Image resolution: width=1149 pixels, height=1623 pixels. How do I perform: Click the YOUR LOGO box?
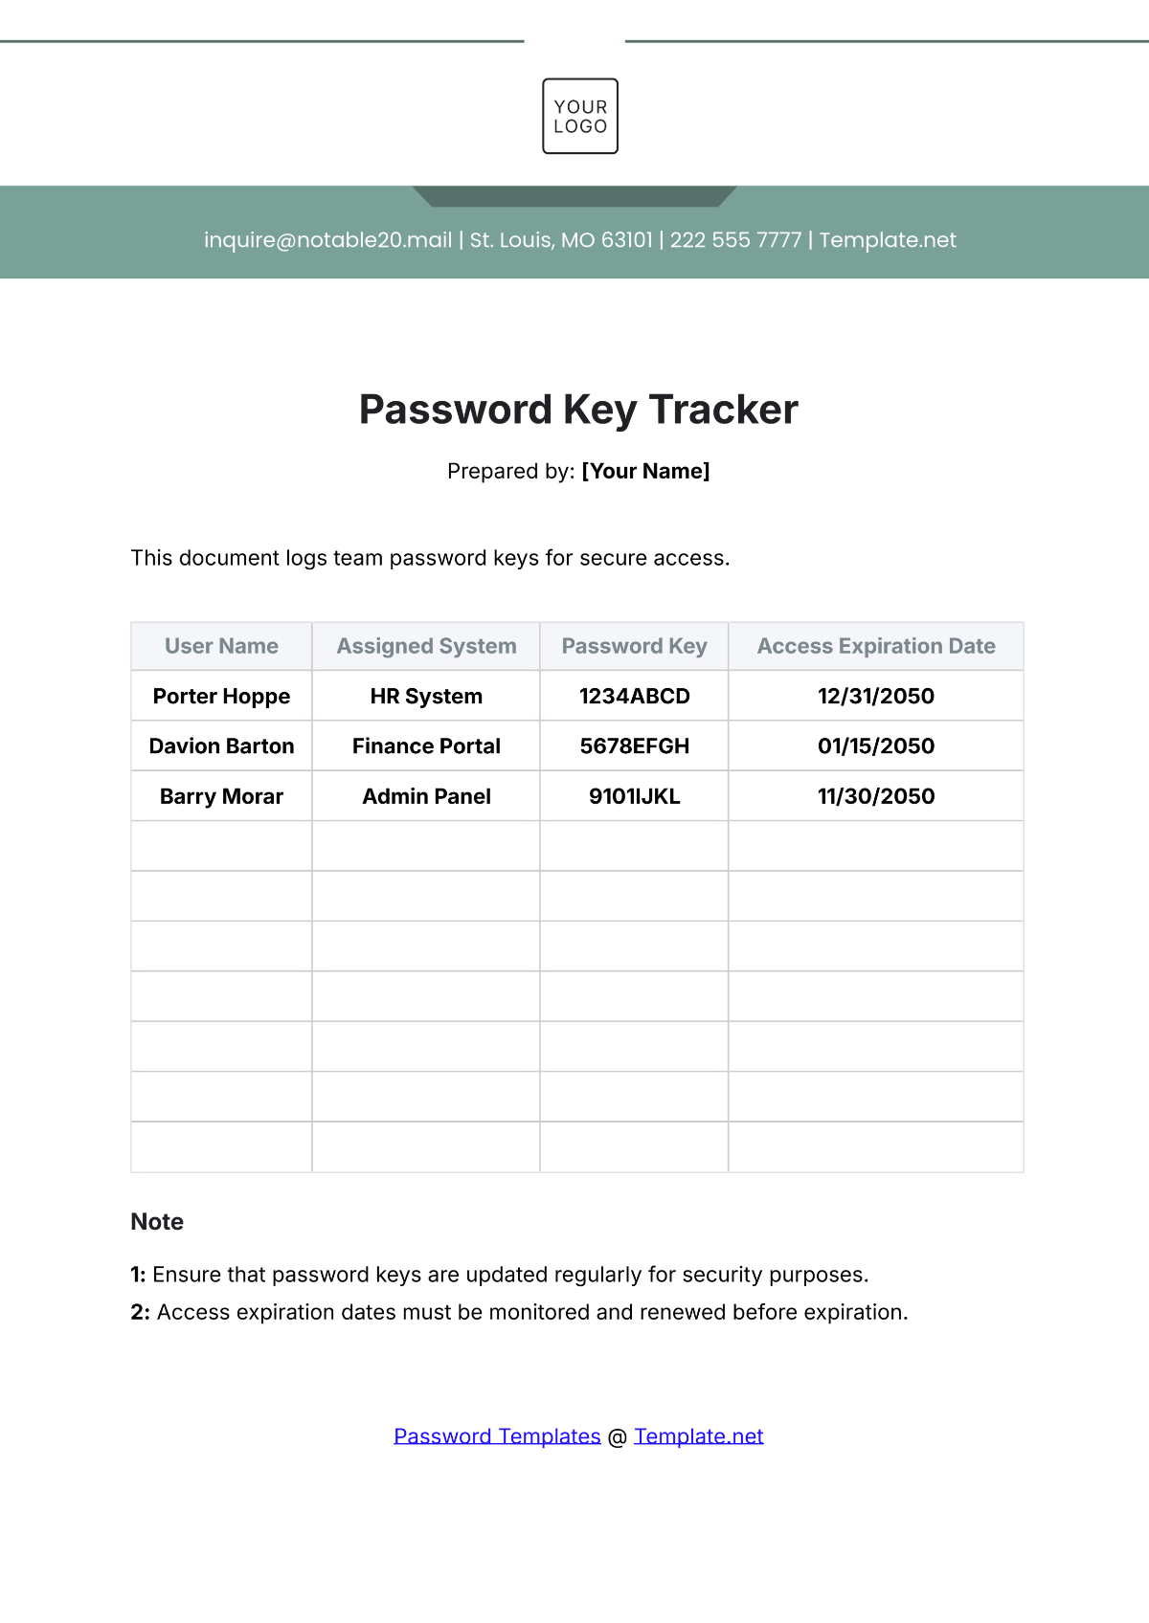click(580, 116)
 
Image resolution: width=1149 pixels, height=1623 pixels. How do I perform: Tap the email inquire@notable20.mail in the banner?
click(327, 240)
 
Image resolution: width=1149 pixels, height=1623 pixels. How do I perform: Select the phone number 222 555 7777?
click(735, 240)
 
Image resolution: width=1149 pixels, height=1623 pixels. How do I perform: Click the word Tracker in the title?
click(723, 410)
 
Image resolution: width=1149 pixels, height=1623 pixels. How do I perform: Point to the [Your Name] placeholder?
click(645, 471)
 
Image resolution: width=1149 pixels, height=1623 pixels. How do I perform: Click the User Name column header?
click(221, 646)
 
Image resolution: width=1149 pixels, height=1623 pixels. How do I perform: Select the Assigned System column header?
click(426, 646)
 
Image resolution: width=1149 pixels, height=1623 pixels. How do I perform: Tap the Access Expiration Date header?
click(876, 646)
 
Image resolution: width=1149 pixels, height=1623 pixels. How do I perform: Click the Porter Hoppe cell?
click(221, 696)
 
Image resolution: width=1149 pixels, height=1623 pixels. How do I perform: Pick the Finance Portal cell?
click(426, 745)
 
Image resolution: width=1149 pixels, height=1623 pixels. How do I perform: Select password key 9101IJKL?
click(634, 796)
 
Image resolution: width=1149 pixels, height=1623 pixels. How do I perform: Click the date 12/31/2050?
click(876, 696)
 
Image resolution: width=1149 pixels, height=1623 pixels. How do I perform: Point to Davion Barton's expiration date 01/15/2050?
click(876, 745)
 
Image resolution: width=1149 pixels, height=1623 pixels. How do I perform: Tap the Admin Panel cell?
click(426, 796)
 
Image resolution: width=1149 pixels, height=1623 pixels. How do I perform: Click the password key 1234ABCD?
click(634, 696)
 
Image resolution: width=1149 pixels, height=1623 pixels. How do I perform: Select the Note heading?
click(157, 1222)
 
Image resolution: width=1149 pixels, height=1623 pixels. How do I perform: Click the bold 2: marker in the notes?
click(140, 1312)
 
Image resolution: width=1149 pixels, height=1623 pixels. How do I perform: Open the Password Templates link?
click(497, 1435)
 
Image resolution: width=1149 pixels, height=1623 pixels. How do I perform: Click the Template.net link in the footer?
click(698, 1435)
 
